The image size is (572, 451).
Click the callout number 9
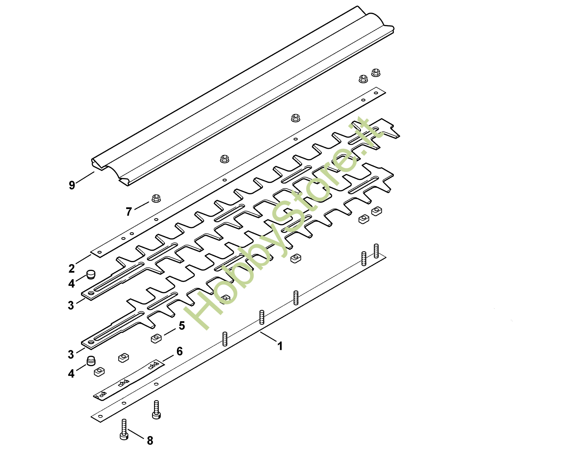pos(72,185)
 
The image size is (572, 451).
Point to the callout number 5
pos(182,326)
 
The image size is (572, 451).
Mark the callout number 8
pos(150,440)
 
